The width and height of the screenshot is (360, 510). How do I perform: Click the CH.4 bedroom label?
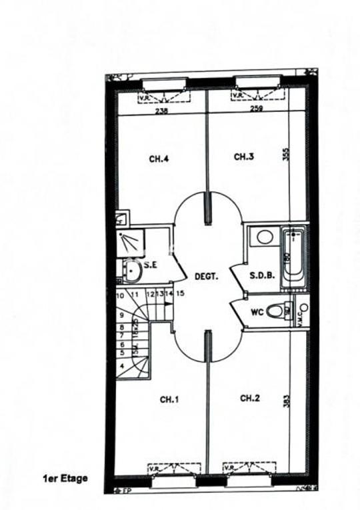(158, 159)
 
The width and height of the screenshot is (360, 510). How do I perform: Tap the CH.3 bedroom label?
(244, 157)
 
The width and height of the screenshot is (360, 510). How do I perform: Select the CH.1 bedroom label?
(169, 399)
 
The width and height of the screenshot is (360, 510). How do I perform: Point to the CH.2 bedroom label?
(249, 398)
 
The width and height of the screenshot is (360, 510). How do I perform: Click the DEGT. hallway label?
(206, 276)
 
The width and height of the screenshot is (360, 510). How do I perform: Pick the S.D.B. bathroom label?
(261, 275)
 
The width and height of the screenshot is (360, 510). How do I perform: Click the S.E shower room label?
(150, 265)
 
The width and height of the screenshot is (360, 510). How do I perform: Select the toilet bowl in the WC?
(275, 310)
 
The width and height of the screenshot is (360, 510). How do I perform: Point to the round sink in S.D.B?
(264, 237)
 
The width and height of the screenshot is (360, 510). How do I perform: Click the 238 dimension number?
(161, 111)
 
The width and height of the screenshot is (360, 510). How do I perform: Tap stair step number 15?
(180, 293)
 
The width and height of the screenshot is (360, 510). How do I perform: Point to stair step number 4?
(122, 366)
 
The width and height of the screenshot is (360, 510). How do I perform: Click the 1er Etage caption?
(65, 478)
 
